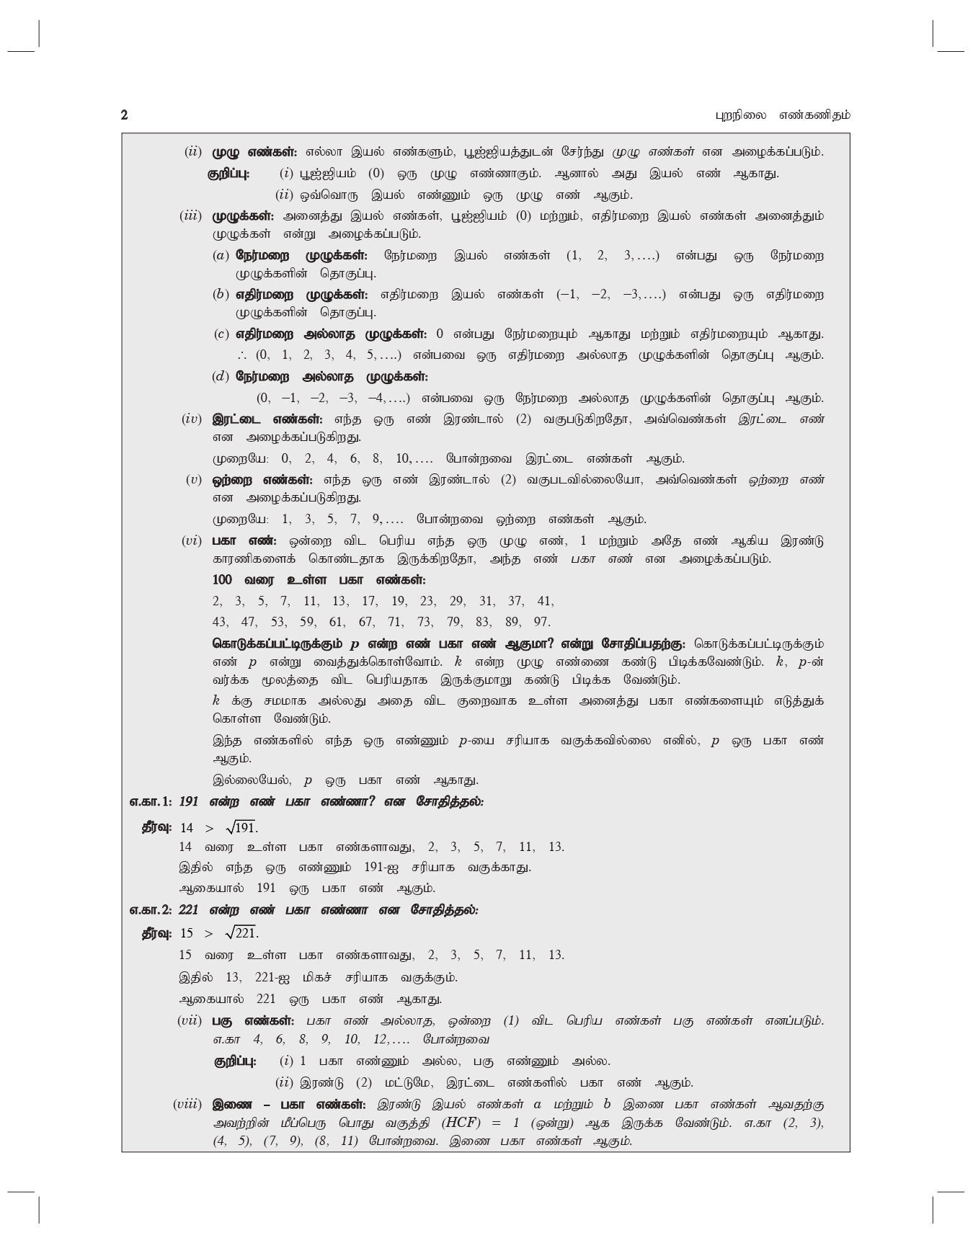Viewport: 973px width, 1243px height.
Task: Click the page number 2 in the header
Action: tap(125, 115)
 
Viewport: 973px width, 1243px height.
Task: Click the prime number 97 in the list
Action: tap(542, 622)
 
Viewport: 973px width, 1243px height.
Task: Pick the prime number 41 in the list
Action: tap(546, 601)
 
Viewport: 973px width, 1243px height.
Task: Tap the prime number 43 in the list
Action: tap(221, 622)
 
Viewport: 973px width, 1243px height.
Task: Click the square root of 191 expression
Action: tap(241, 827)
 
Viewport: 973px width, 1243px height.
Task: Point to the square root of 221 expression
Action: tap(241, 933)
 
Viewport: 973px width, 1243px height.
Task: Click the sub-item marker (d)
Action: tap(221, 377)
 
